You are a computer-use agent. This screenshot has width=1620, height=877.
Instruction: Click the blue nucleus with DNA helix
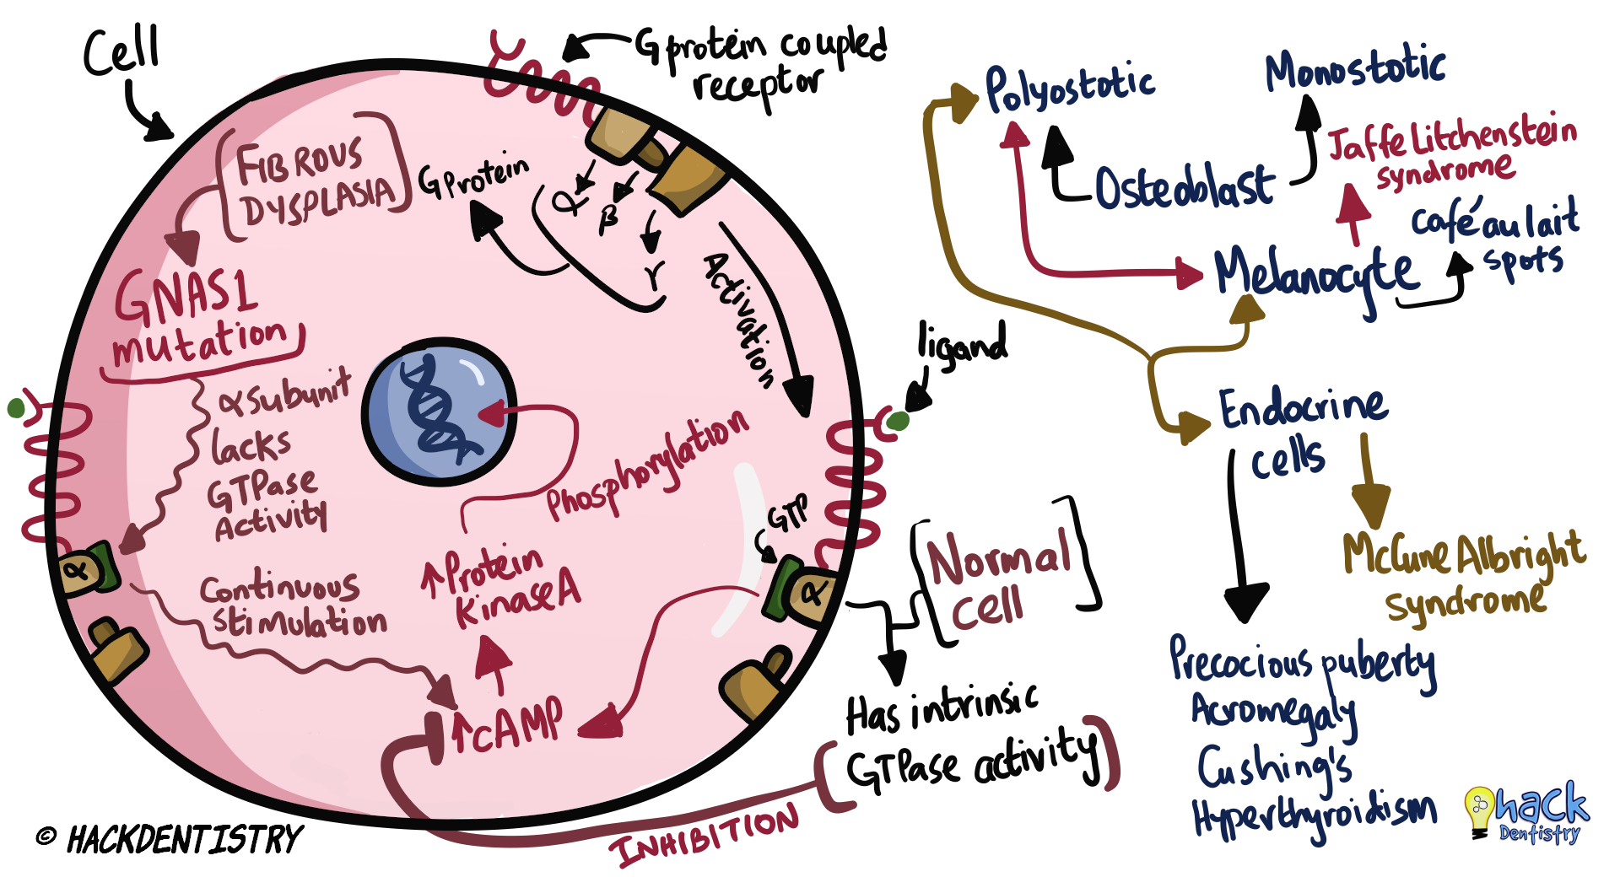point(439,411)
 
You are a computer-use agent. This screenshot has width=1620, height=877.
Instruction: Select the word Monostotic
point(1355,70)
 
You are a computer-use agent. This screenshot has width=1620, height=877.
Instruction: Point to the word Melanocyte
point(1317,272)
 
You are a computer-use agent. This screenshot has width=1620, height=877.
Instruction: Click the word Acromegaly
point(1273,713)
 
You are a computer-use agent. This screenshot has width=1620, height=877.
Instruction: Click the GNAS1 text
point(186,295)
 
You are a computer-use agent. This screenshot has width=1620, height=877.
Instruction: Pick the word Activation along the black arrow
point(739,320)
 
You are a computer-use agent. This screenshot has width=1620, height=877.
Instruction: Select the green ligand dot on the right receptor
point(899,420)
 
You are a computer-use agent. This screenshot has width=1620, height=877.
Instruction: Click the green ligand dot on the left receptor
point(16,409)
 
